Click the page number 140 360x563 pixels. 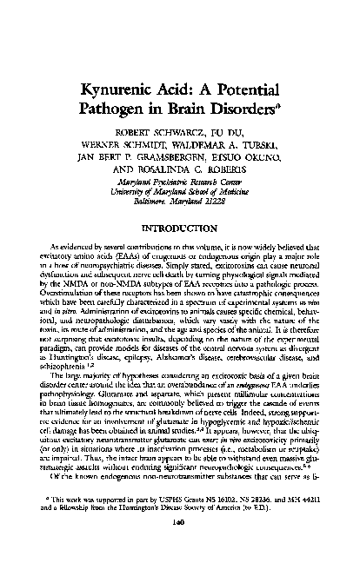coord(180,546)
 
